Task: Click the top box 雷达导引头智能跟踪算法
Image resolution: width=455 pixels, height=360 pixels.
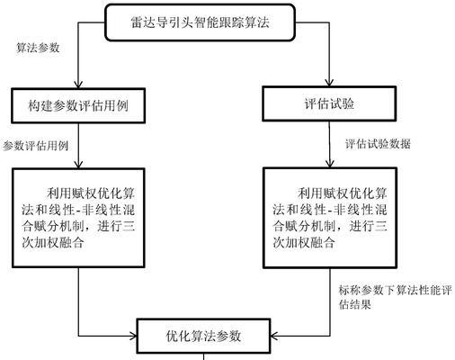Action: (200, 22)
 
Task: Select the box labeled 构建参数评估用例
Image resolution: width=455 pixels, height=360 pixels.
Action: (78, 105)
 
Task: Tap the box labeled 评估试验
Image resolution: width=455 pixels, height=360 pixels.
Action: (329, 103)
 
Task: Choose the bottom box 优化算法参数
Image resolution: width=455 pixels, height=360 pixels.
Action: (203, 336)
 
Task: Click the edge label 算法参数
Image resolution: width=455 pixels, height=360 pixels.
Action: (38, 48)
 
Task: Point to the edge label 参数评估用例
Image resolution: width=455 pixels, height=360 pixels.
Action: (36, 146)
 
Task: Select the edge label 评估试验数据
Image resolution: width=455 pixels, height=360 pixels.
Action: (378, 144)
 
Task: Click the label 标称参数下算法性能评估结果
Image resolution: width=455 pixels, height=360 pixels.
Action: (395, 297)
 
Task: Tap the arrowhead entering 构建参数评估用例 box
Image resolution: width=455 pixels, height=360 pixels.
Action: (78, 85)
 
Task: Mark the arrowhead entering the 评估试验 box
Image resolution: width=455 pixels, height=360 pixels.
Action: (329, 83)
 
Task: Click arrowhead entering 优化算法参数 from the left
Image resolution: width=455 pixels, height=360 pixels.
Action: (133, 336)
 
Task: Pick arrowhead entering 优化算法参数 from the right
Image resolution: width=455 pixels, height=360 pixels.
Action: (274, 336)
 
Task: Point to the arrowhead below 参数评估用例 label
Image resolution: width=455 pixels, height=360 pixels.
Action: (78, 165)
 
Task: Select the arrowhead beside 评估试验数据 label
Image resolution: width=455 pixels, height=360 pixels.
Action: (330, 164)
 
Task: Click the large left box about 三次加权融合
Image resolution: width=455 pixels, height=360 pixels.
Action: (78, 218)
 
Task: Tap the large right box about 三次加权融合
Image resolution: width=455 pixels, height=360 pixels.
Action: (330, 218)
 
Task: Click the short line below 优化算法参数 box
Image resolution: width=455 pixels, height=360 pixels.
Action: (204, 356)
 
